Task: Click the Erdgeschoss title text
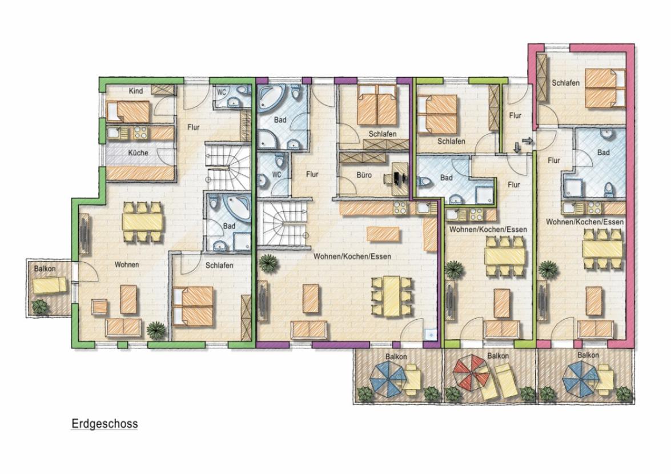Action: [x=105, y=424]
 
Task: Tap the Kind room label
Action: [x=136, y=91]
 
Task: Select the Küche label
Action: [x=138, y=152]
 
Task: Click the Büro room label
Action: [x=364, y=175]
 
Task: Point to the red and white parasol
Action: [x=470, y=373]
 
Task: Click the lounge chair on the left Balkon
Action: [x=50, y=285]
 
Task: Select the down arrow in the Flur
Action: [x=516, y=147]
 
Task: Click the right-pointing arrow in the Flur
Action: [x=528, y=140]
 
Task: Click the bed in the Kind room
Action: [x=128, y=112]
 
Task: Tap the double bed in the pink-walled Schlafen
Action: [x=605, y=89]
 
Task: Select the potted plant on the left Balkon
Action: [x=40, y=307]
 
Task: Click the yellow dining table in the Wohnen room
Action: [x=143, y=222]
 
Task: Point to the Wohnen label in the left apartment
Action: [x=127, y=265]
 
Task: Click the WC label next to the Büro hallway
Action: [x=277, y=175]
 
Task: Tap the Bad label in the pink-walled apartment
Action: [x=604, y=152]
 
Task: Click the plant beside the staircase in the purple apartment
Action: [x=268, y=262]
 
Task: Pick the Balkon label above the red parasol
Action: [x=498, y=356]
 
